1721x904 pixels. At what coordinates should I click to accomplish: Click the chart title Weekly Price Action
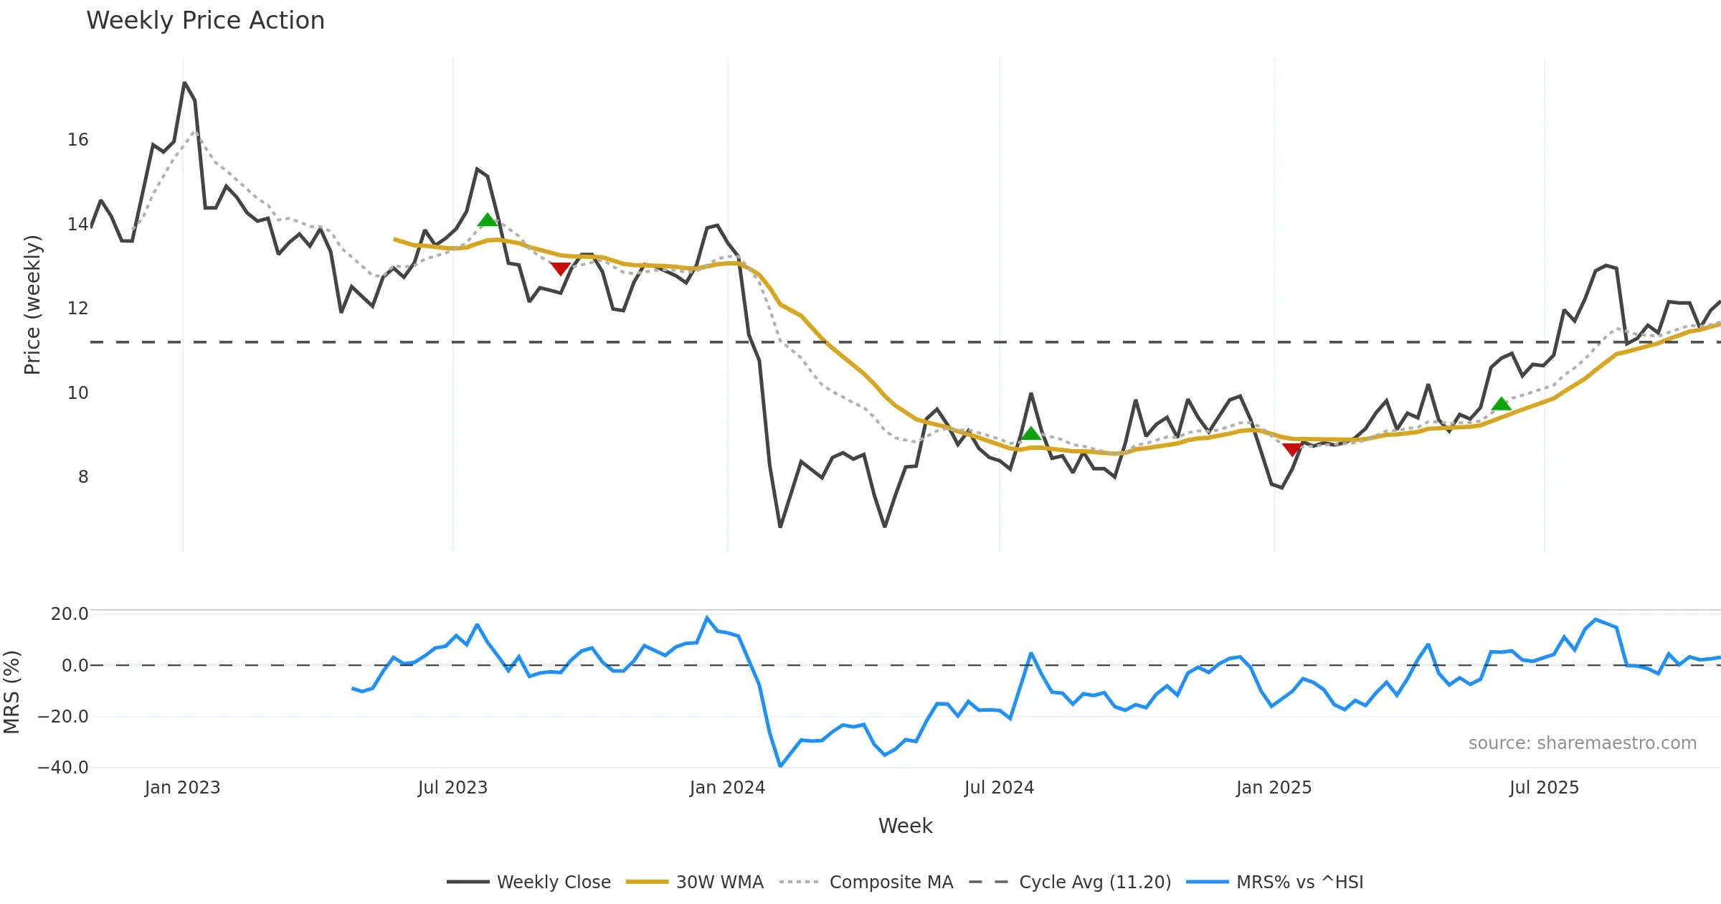(x=205, y=21)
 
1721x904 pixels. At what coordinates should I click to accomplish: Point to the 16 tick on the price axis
(x=78, y=140)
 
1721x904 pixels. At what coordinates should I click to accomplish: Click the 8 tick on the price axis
(x=83, y=477)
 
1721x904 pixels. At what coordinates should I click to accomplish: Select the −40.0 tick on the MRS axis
(x=63, y=768)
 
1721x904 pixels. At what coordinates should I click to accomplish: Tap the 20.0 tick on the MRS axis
(x=70, y=614)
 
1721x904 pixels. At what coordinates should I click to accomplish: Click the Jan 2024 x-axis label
(x=727, y=788)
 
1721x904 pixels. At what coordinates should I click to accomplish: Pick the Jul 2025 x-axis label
(x=1544, y=788)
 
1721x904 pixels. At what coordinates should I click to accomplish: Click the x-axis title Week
(x=905, y=826)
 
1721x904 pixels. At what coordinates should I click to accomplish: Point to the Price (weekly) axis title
(x=32, y=305)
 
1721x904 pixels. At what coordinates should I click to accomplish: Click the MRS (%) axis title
(x=11, y=692)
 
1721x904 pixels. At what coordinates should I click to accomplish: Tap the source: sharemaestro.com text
(x=1582, y=743)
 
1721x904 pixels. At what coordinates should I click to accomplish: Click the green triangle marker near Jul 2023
(x=488, y=220)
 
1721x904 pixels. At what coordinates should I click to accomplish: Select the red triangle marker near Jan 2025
(x=1292, y=449)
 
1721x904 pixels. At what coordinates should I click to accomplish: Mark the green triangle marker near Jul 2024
(x=1030, y=433)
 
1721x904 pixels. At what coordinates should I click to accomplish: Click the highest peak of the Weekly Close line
(x=184, y=83)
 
